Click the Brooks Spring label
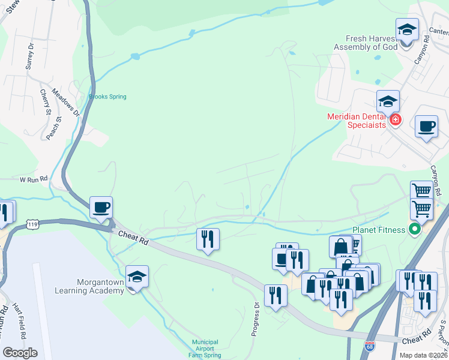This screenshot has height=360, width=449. (107, 97)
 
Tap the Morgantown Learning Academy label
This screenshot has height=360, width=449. (101, 286)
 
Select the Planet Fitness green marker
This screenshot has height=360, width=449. (414, 229)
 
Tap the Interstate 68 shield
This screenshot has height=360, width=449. (370, 347)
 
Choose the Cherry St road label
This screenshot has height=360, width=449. (46, 101)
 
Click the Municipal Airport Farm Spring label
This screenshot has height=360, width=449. (205, 348)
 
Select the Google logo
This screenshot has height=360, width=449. (20, 353)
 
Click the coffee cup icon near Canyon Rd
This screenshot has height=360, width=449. (426, 127)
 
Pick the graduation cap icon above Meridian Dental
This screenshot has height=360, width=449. (388, 102)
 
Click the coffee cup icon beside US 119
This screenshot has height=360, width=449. (101, 208)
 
